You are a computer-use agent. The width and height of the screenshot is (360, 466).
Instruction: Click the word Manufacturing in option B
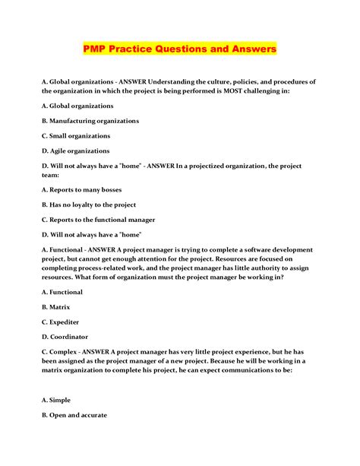pos(83,121)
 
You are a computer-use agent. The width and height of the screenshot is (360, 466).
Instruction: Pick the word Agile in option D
pos(62,151)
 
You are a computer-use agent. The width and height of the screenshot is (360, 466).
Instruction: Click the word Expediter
pos(68,321)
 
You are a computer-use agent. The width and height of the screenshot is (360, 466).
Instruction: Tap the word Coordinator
pos(71,336)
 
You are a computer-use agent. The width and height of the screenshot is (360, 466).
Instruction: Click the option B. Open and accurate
pos(74,415)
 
